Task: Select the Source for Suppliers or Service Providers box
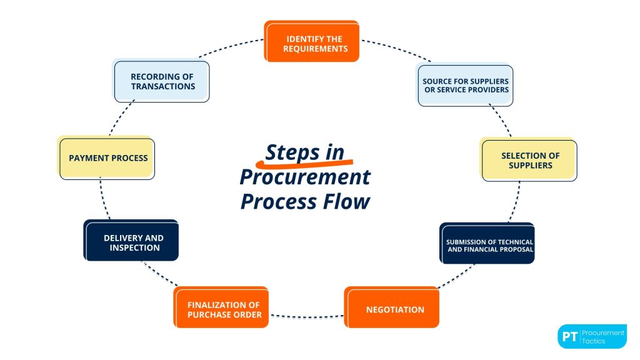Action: point(465,85)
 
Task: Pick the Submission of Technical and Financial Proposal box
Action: point(487,244)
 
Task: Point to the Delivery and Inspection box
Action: point(132,242)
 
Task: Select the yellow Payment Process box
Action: point(107,159)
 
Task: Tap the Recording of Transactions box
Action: point(161,81)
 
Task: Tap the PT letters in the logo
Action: point(569,336)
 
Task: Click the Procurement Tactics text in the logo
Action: point(602,336)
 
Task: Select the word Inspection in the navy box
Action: point(134,247)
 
